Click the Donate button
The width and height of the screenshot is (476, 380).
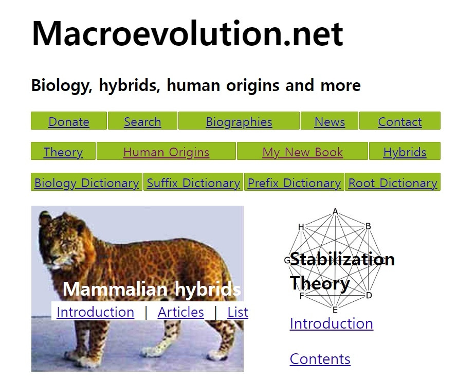click(69, 122)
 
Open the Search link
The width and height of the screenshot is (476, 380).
click(142, 122)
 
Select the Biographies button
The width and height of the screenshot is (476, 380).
click(239, 122)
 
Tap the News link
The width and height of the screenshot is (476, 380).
click(329, 122)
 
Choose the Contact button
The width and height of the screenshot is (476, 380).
click(400, 122)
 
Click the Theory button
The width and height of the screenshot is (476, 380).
click(63, 152)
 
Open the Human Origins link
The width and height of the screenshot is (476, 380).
click(167, 152)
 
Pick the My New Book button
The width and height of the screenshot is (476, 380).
click(302, 152)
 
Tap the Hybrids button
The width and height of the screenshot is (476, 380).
click(405, 152)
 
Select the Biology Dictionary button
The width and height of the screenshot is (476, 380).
click(86, 183)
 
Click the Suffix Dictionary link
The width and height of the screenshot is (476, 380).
click(193, 183)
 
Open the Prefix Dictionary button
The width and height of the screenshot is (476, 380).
click(294, 183)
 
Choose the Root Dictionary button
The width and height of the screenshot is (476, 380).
click(393, 183)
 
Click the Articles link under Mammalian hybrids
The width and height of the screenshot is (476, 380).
click(181, 312)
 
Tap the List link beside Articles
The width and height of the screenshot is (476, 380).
click(237, 312)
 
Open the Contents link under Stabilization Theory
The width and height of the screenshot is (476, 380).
click(320, 359)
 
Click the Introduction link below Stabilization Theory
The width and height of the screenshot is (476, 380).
click(332, 323)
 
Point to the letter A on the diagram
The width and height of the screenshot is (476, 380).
click(335, 211)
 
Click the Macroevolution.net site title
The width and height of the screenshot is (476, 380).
click(187, 34)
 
